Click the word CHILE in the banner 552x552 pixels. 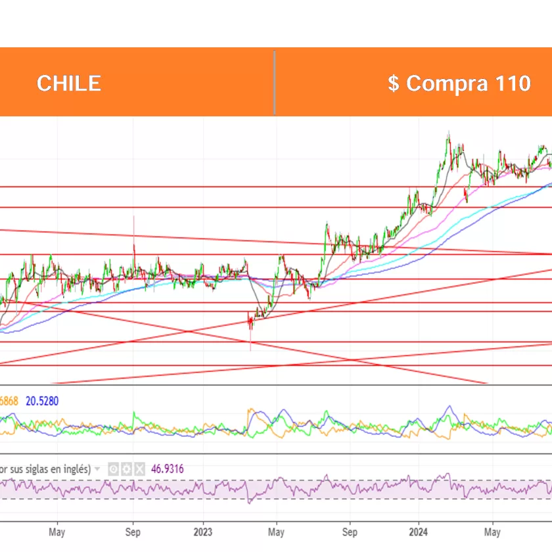tap(68, 83)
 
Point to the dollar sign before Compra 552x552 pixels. tap(393, 83)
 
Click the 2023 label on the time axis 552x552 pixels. tap(203, 531)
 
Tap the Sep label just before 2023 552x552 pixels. tap(133, 531)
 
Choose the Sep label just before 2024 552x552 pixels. tap(350, 531)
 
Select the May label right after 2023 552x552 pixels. tap(277, 531)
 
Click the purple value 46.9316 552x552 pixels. tap(167, 469)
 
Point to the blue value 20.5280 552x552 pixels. tap(43, 400)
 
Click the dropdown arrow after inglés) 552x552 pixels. tap(98, 469)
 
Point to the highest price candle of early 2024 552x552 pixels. tap(448, 134)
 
